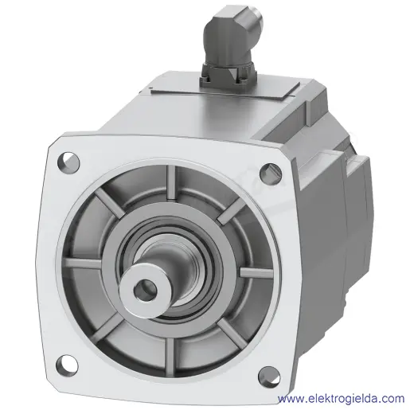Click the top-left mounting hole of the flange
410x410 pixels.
click(x=68, y=161)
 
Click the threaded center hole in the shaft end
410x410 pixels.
click(x=145, y=288)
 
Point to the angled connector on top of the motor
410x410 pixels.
click(x=230, y=45)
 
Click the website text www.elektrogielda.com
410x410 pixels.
click(x=341, y=398)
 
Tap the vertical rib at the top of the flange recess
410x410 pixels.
click(x=171, y=182)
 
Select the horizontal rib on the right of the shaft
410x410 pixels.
click(x=256, y=272)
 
